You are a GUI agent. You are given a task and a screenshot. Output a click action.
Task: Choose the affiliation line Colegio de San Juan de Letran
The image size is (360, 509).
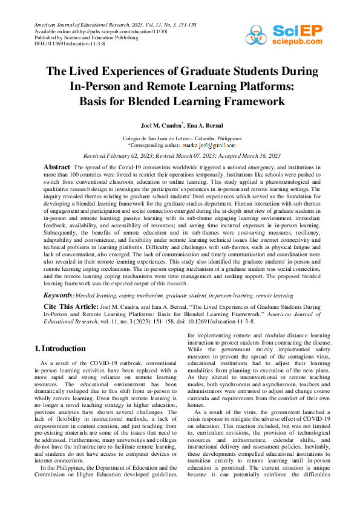coord(182,138)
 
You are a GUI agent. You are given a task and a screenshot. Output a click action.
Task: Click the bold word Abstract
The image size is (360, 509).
coord(57,166)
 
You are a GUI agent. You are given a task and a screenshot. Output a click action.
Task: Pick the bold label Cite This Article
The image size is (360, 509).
coord(70,307)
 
